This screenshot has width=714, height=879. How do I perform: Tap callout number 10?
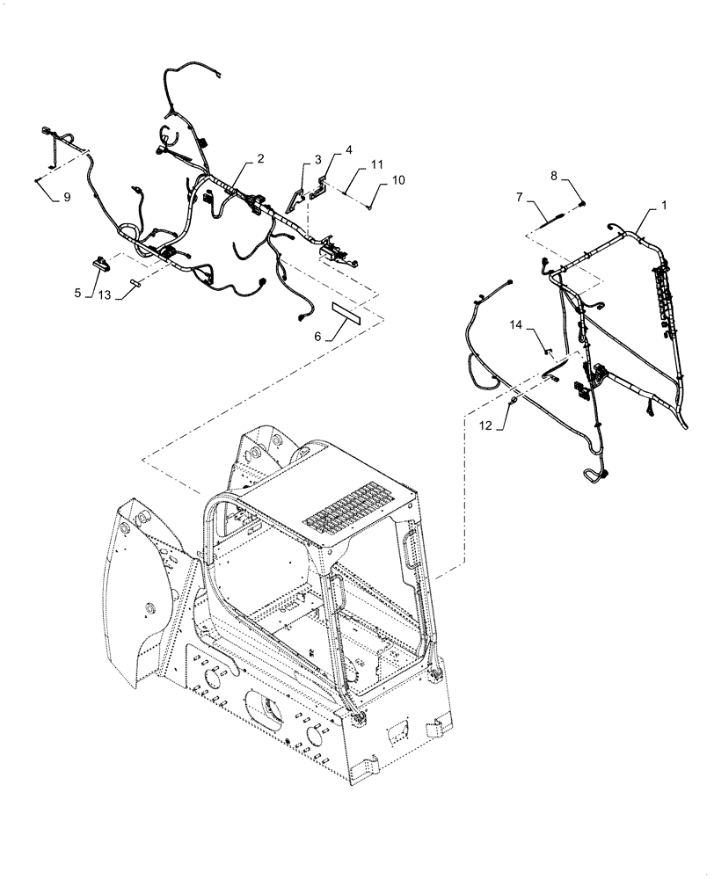pos(398,179)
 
